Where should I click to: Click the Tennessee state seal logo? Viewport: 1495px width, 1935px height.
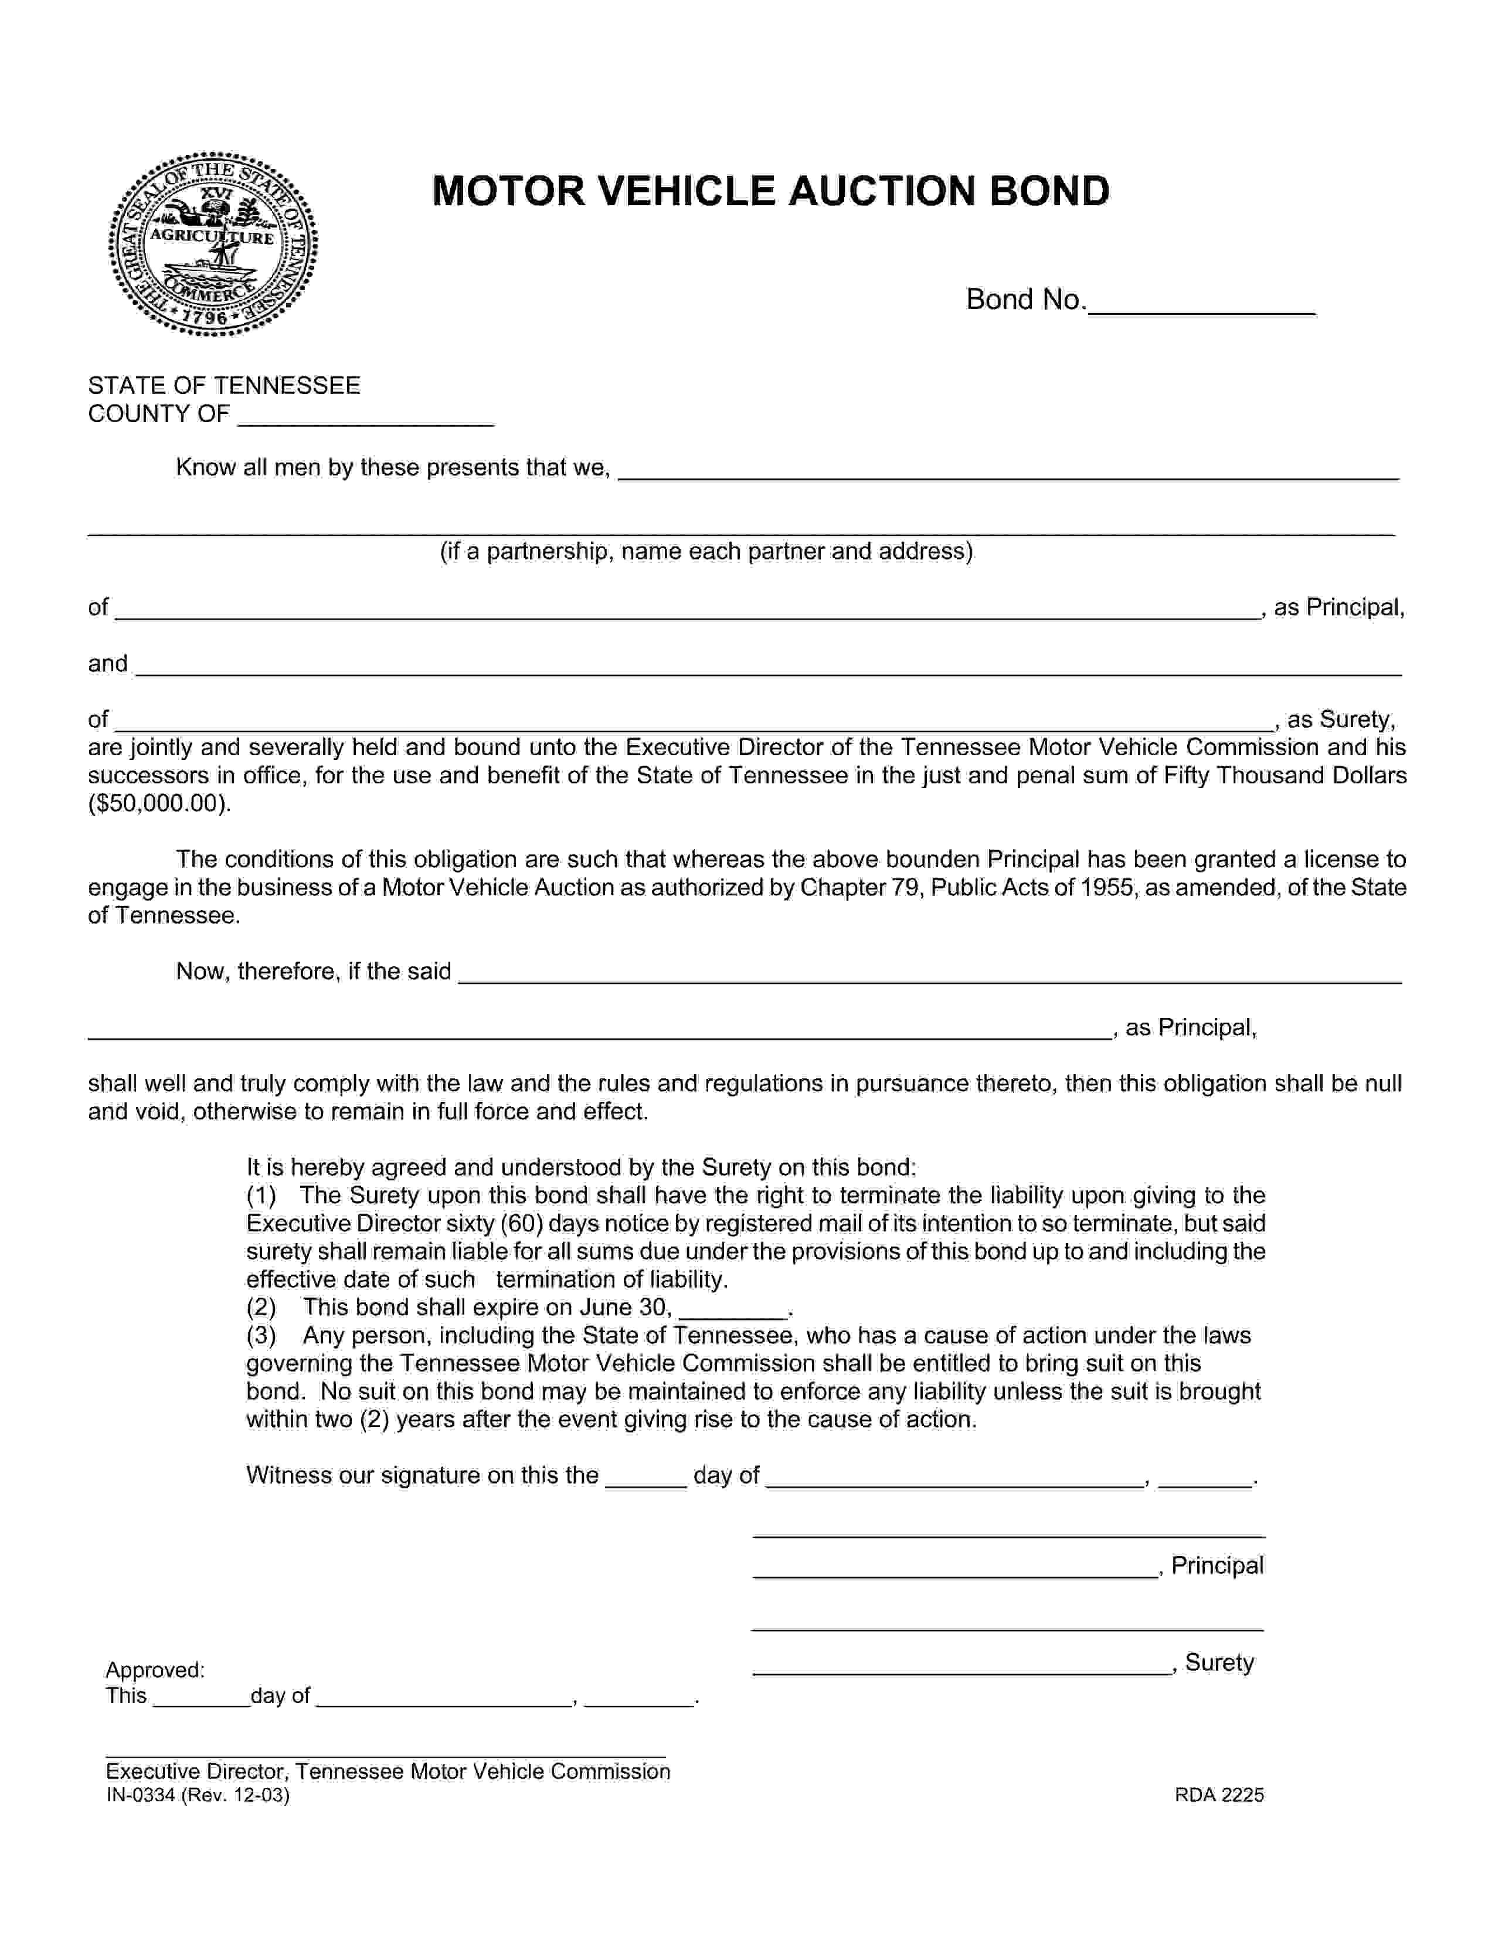coord(213,244)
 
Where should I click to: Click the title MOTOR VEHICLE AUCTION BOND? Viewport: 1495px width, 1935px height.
coord(770,191)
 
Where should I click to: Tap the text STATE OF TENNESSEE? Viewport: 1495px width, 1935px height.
coord(224,385)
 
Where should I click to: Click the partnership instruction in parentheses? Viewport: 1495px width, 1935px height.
coord(706,551)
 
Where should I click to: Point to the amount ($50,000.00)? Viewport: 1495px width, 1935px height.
coord(159,803)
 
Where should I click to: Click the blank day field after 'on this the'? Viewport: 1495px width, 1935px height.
coord(645,1476)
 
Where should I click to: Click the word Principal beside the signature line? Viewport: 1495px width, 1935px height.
coord(1217,1566)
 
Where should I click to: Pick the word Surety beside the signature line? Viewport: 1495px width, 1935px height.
coord(1219,1662)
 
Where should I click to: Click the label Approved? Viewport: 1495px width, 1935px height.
coord(155,1670)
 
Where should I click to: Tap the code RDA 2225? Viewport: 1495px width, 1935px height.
coord(1219,1795)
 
